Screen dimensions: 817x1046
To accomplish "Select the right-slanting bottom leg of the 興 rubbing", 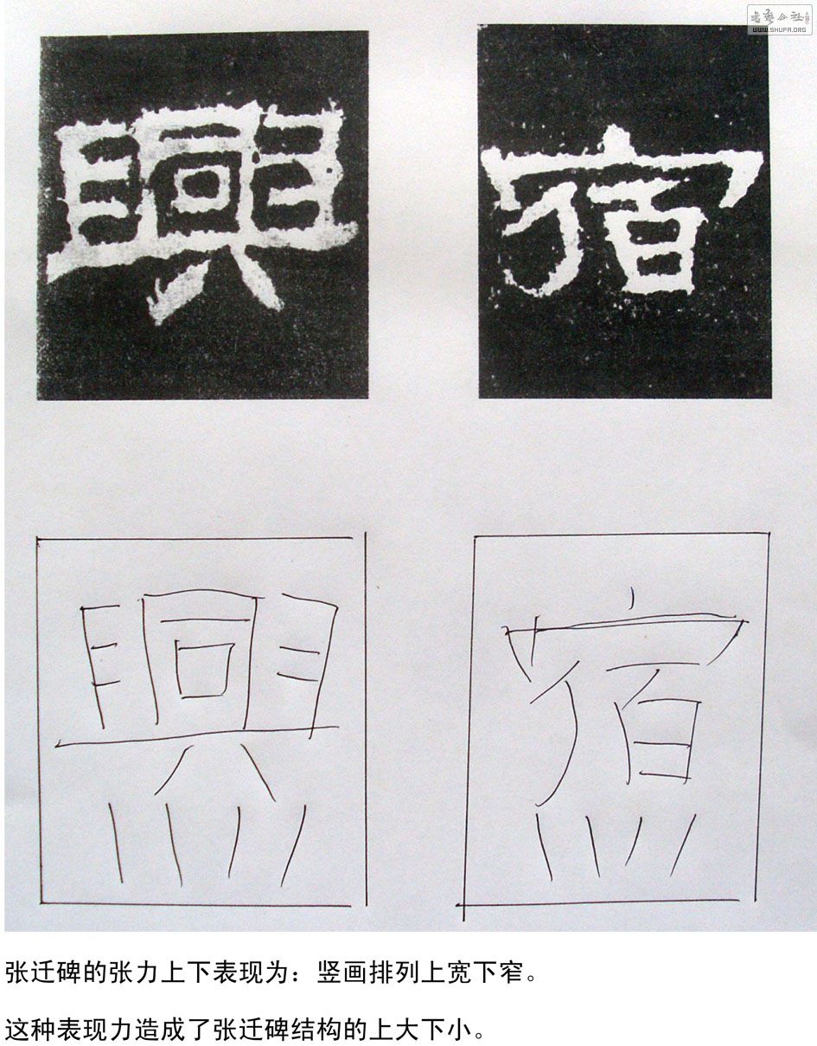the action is (x=259, y=279).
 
